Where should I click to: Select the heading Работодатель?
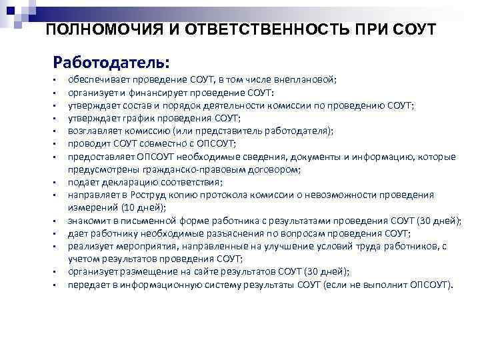click(112, 63)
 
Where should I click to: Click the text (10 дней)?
click(131, 207)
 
